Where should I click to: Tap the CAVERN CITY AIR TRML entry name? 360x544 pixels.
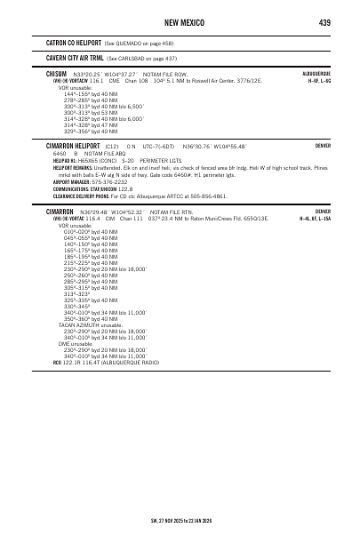(76, 57)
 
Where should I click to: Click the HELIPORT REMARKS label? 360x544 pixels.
(72, 165)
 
